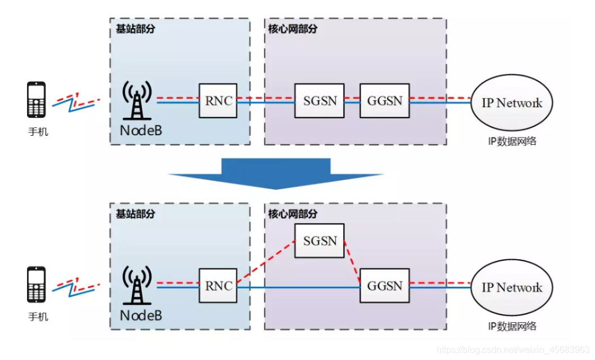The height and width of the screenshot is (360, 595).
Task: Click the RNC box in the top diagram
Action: (217, 101)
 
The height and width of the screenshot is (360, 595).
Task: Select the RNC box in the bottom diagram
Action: (217, 286)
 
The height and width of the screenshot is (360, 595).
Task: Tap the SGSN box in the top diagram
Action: (319, 101)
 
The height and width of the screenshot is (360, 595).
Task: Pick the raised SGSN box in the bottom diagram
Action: (319, 241)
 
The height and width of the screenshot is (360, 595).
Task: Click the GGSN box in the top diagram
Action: (385, 101)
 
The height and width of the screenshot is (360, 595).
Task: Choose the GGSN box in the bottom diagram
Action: (385, 286)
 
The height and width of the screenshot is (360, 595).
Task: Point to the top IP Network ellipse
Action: (512, 103)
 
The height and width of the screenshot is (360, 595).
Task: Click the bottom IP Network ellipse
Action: (512, 287)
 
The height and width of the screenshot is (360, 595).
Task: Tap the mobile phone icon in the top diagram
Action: (37, 100)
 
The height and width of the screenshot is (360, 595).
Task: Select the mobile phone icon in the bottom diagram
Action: (37, 285)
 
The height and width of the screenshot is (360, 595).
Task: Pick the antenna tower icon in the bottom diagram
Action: (137, 286)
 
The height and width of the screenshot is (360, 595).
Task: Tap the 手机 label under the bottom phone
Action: (38, 317)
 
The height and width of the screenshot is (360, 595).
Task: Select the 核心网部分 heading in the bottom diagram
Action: (292, 214)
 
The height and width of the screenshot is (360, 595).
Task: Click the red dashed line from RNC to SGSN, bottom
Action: (265, 262)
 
